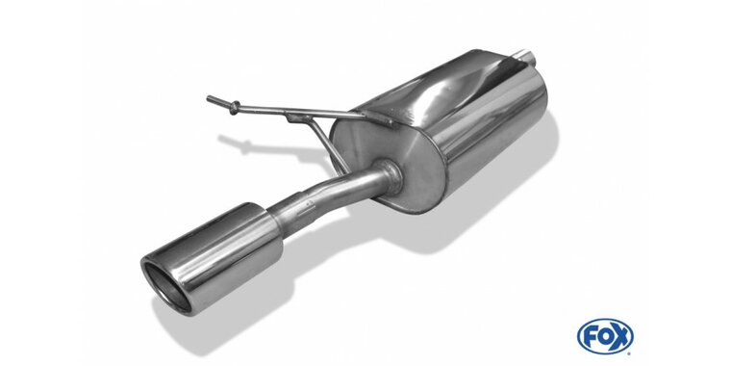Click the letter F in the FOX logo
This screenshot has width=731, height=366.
tap(592, 335)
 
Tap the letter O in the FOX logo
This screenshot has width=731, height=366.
tap(605, 336)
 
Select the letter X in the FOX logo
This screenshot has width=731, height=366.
tap(621, 336)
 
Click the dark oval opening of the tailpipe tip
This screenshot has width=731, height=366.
tap(166, 286)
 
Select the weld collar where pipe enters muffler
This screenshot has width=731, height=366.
tap(389, 177)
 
